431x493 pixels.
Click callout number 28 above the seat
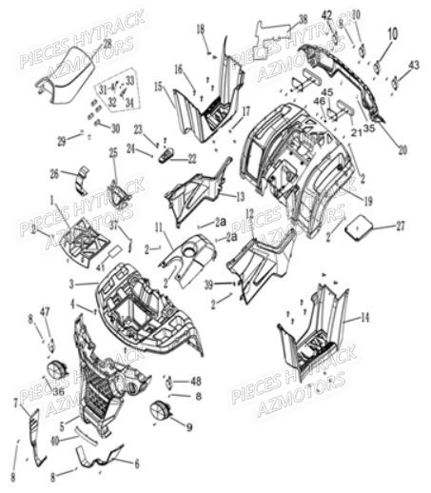(x=107, y=45)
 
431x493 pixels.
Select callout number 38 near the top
(x=302, y=18)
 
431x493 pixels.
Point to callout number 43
(x=414, y=64)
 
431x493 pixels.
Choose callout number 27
(x=400, y=226)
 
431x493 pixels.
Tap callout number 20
(x=402, y=149)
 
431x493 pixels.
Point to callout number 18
(x=202, y=30)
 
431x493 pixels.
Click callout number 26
(x=54, y=173)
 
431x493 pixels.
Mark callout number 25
(x=113, y=152)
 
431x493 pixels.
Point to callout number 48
(x=196, y=381)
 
